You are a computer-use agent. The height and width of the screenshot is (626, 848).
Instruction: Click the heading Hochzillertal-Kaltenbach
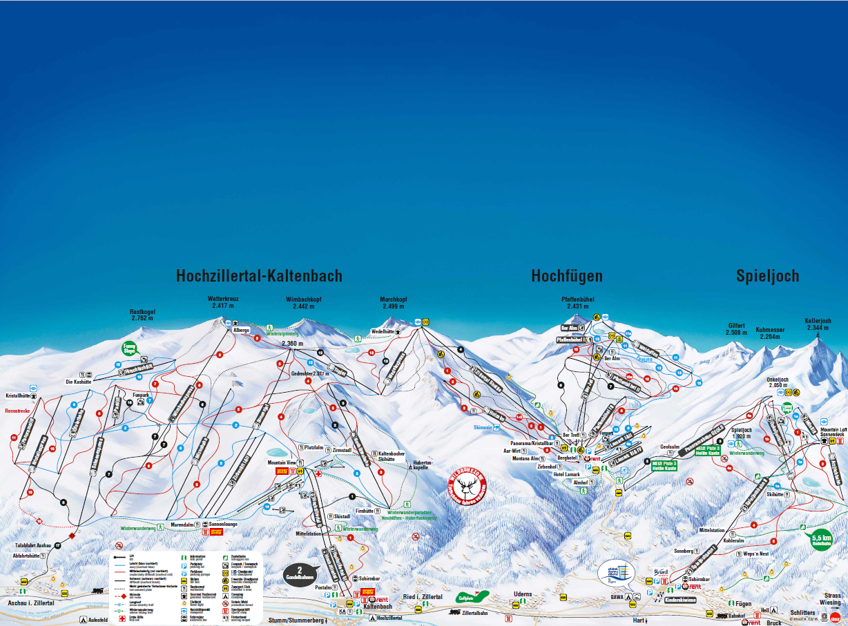[259, 276]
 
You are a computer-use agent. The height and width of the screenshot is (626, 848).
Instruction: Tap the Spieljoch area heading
[767, 276]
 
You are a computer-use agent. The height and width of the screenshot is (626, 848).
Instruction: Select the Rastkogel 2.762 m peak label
[143, 315]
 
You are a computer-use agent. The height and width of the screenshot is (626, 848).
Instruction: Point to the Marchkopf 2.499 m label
[394, 302]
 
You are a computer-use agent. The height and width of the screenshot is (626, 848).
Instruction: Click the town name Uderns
[523, 594]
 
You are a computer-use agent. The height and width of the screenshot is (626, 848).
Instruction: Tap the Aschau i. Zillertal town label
[30, 603]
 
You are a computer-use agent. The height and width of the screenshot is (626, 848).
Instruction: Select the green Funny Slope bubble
[129, 349]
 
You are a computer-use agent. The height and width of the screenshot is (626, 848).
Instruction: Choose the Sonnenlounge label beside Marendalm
[224, 525]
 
